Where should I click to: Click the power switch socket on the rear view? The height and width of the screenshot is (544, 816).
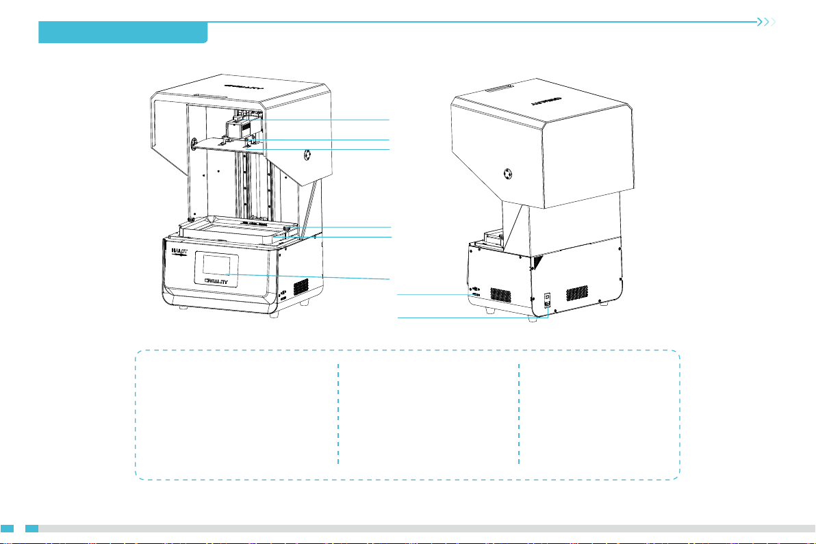pos(547,300)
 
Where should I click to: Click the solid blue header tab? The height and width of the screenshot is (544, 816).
pos(123,32)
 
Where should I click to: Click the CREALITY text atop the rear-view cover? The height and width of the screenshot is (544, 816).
pos(546,99)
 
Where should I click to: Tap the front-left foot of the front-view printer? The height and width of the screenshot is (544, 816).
pos(181,308)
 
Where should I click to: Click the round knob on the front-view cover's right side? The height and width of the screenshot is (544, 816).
pos(307,154)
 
